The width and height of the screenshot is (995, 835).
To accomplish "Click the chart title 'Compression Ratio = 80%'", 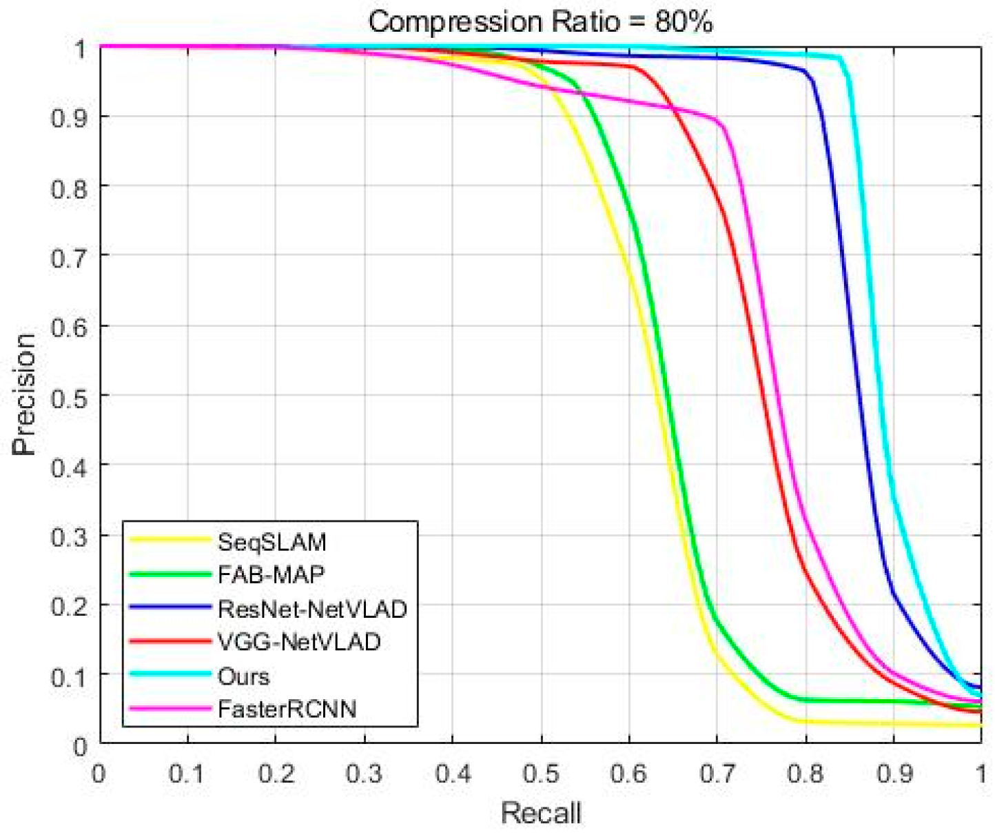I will coord(540,21).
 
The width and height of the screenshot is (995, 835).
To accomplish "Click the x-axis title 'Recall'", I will coord(541,813).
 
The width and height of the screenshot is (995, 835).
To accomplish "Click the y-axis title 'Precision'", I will coord(24,394).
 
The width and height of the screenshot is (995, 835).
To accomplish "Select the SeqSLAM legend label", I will coord(271,542).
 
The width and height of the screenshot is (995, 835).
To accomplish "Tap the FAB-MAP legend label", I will coord(271,574).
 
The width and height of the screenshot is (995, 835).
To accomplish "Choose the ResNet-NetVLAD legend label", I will coord(312,609).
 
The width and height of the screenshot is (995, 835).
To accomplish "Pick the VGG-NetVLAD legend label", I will coord(299,642).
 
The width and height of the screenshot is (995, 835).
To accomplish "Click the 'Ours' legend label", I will coord(243,676).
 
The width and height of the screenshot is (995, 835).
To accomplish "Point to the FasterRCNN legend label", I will coord(287,709).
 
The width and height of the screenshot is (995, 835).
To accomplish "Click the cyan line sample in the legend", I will coord(170,674).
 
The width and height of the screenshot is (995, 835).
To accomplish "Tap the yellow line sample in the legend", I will coord(170,540).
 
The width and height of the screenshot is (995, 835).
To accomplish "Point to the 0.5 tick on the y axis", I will coord(69,396).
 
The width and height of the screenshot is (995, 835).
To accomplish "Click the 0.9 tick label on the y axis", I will coord(69,117).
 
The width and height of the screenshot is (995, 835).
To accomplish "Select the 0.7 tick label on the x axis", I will coord(717,774).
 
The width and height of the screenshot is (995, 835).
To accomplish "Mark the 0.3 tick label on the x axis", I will coord(364,774).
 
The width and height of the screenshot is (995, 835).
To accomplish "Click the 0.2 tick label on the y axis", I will coord(69,606).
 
